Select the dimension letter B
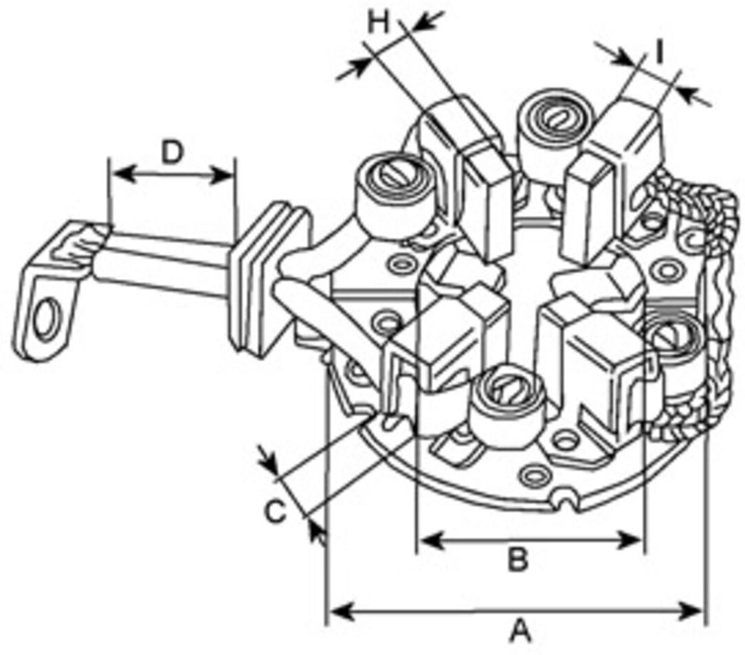pos(518,559)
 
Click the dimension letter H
pos(379,22)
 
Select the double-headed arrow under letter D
pos(172,175)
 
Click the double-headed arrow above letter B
pos(531,540)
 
